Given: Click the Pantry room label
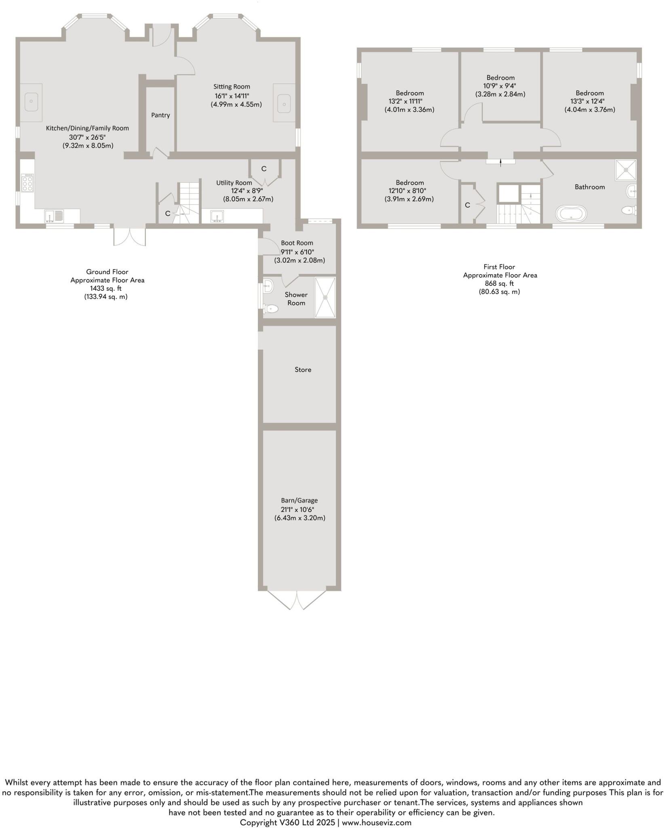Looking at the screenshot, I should coord(160,115).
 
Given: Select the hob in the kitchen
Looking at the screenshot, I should coord(28,183).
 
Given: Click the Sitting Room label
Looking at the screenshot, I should coord(232,87).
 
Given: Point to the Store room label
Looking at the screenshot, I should coord(303,370).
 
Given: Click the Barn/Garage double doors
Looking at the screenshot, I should coord(297,600).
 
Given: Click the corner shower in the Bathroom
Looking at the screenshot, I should coord(626,170).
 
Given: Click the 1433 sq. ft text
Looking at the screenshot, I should coord(105,288).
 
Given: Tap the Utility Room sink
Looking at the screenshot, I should coord(217,216).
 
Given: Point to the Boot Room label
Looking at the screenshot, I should coord(297,243).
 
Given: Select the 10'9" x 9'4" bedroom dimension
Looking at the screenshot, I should coord(500,86).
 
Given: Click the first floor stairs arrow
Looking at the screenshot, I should coord(501,163).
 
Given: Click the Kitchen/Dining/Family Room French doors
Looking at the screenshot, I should coord(129,237).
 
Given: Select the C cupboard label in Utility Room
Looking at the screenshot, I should coord(263,169).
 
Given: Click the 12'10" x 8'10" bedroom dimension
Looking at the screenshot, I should coord(409,191).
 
